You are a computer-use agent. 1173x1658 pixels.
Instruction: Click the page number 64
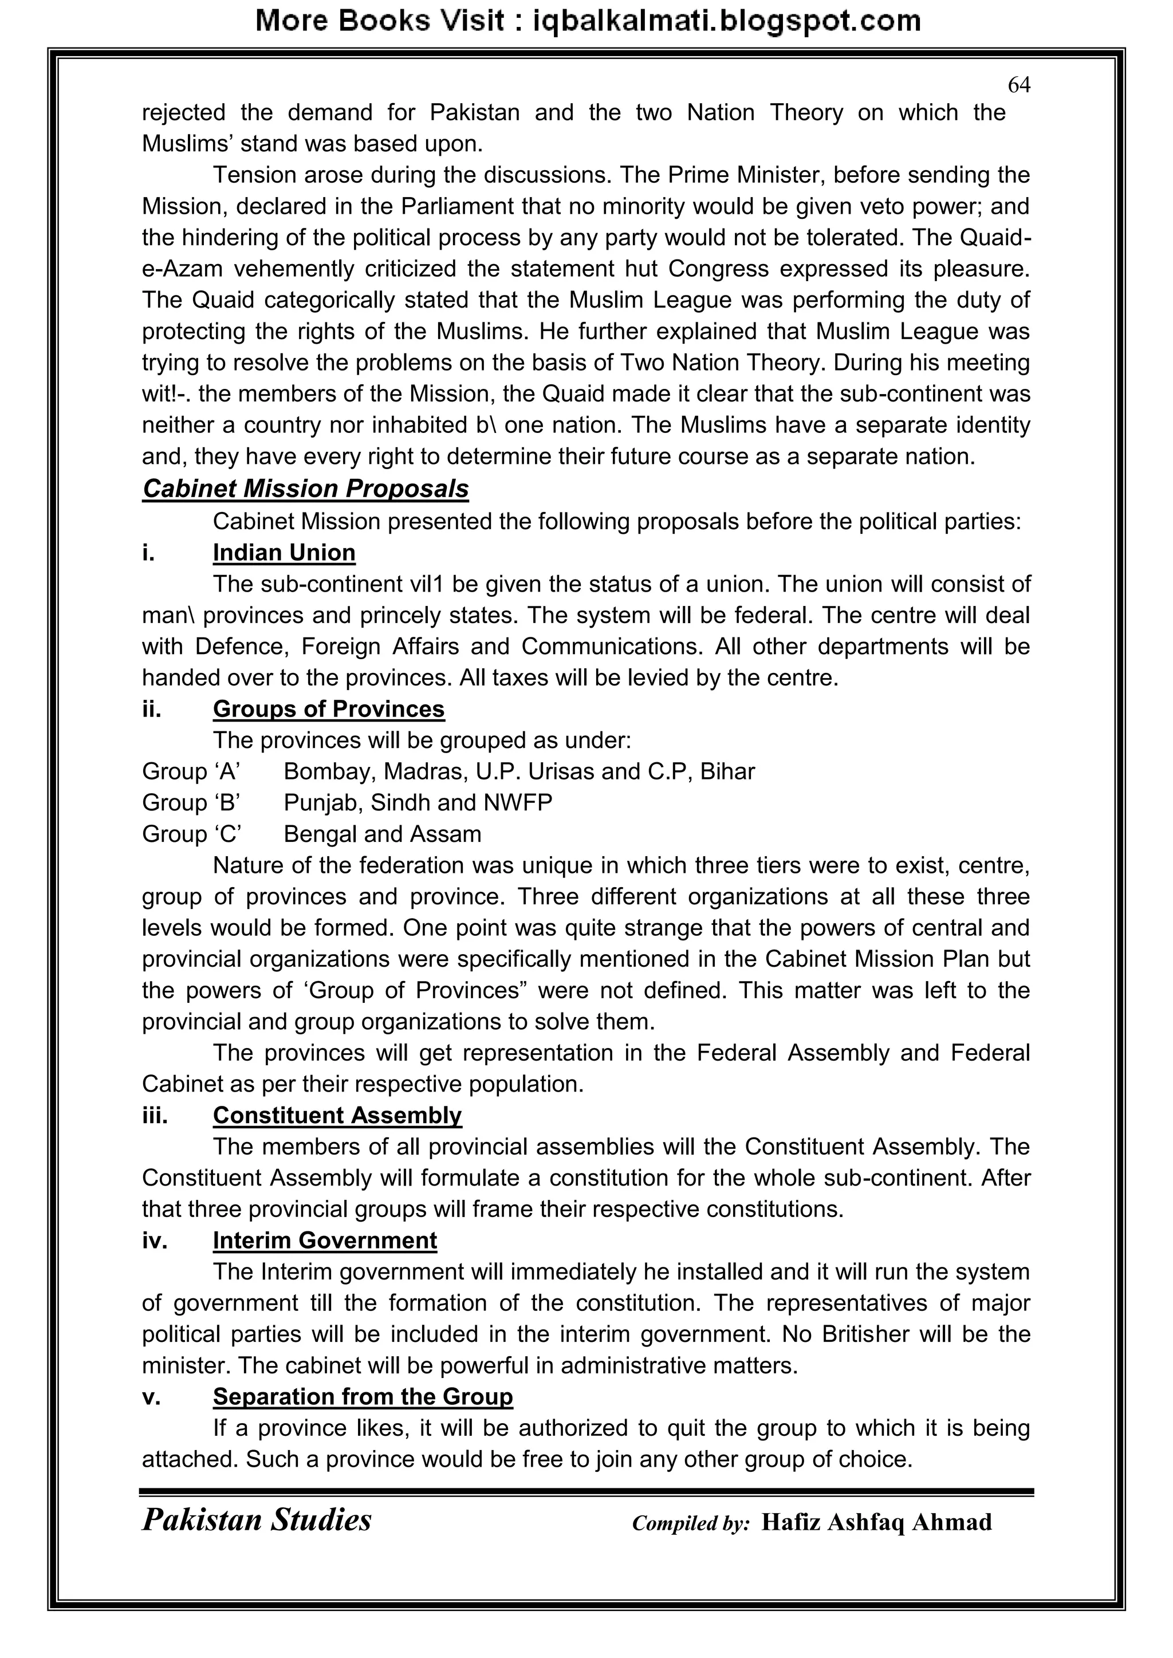tap(1018, 85)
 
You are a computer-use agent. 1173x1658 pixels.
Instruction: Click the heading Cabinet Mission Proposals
tap(305, 489)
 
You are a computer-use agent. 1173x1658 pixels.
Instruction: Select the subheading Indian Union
tap(284, 553)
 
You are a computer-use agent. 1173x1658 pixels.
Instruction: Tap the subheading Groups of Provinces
tap(329, 708)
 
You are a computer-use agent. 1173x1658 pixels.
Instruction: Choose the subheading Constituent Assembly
tap(337, 1115)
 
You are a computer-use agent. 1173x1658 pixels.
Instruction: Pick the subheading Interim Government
tap(324, 1240)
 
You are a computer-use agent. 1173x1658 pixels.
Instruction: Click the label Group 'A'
tap(191, 771)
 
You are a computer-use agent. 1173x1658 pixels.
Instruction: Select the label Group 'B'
tap(191, 802)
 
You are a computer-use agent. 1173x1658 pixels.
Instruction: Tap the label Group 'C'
tap(191, 833)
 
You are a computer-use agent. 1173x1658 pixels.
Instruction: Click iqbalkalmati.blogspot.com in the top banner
tap(727, 21)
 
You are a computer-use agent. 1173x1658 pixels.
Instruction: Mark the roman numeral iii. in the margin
tap(155, 1115)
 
